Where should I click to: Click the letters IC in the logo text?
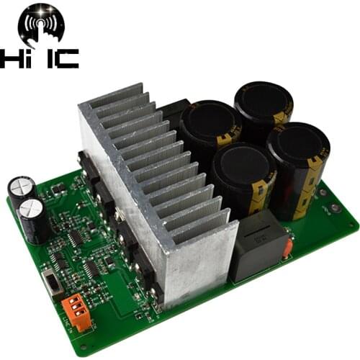60,59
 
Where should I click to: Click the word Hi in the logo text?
18,59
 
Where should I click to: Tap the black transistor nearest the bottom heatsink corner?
153,288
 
